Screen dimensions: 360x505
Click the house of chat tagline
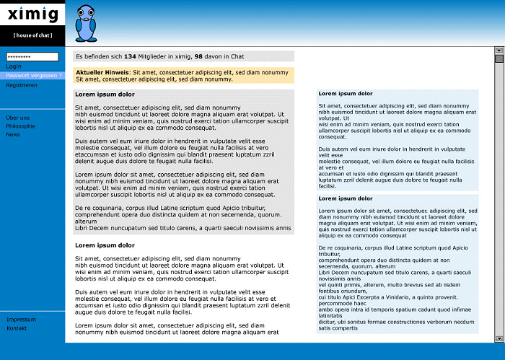(32, 35)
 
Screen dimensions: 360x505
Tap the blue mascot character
(85, 23)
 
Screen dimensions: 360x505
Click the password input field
(32, 56)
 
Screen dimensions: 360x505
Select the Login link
(14, 66)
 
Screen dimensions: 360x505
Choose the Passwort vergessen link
(34, 75)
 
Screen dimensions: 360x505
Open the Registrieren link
(22, 85)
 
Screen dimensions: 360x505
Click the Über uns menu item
(18, 118)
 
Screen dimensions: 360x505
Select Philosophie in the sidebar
(21, 126)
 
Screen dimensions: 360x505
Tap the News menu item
(13, 135)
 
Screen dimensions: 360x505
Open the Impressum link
(21, 320)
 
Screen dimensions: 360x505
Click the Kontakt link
(17, 328)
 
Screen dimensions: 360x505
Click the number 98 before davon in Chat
(198, 56)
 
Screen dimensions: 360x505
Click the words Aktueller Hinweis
(102, 72)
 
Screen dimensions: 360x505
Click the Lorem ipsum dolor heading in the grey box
(105, 95)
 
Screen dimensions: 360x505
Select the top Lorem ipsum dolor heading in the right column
(346, 94)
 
